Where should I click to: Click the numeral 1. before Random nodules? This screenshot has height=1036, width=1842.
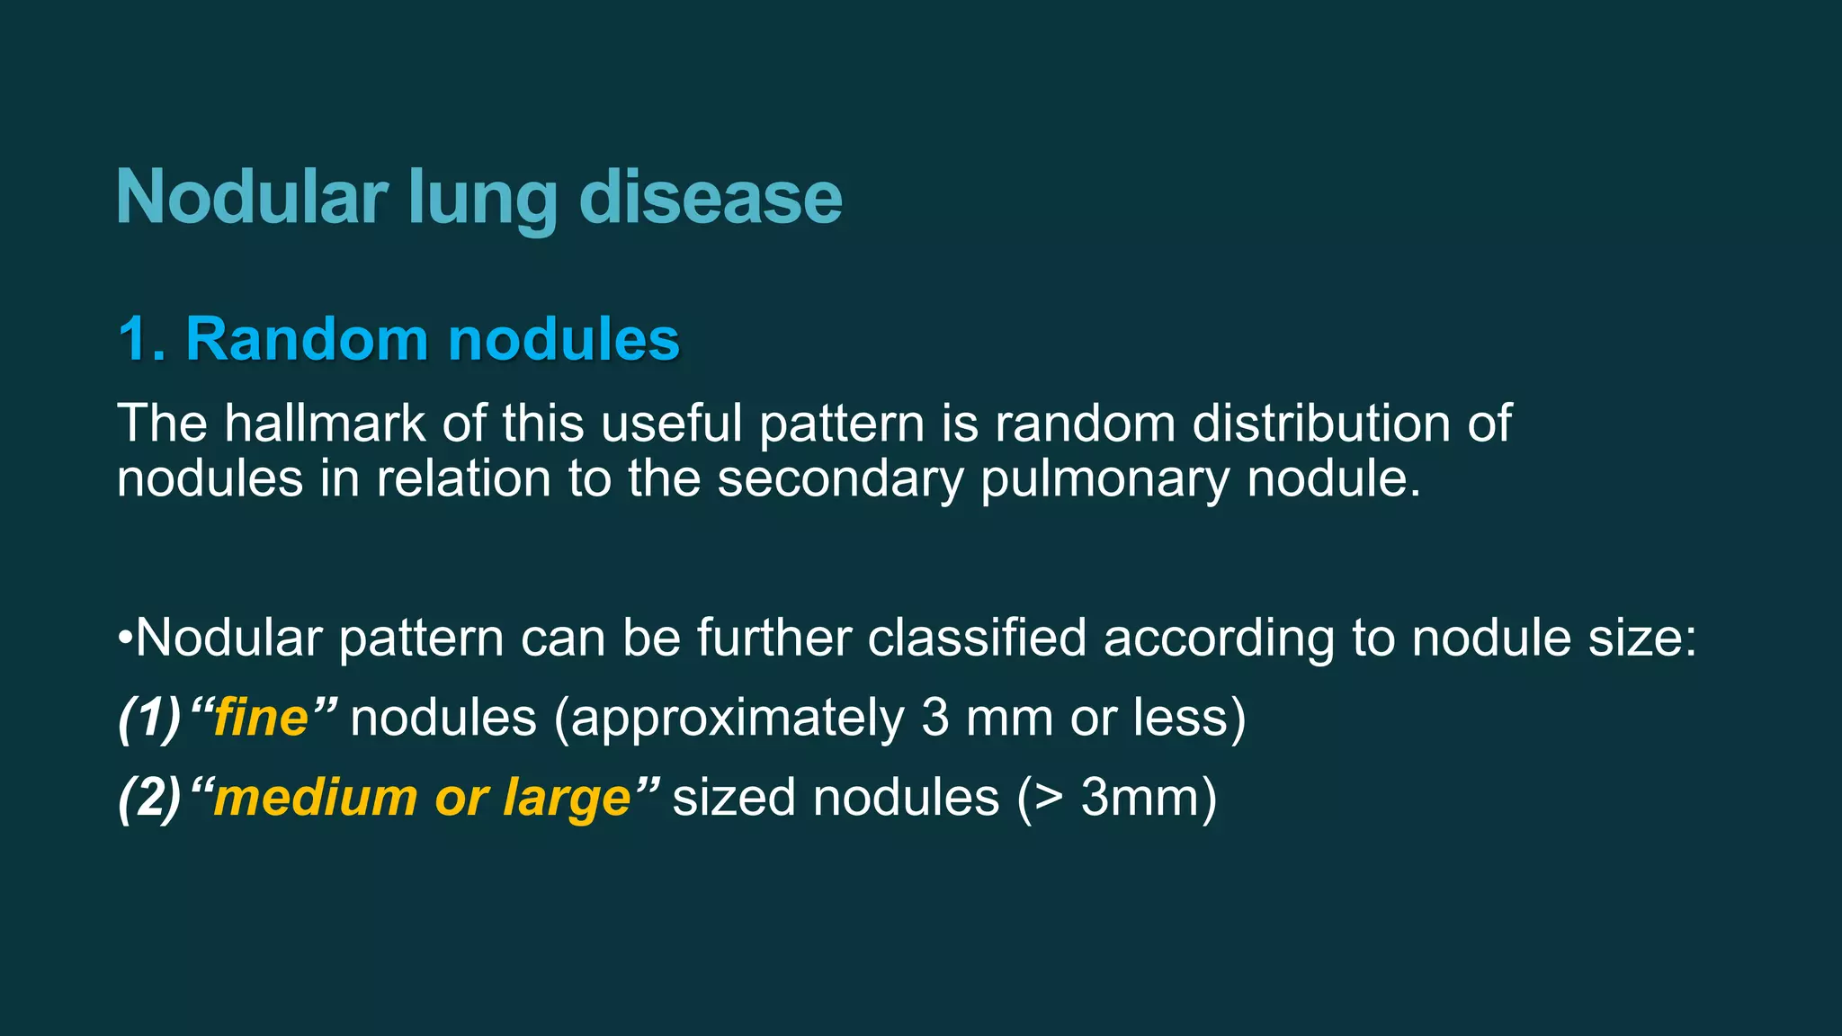pyautogui.click(x=142, y=339)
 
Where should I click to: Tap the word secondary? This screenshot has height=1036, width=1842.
pyautogui.click(x=840, y=478)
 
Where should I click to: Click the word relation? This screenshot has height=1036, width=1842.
pyautogui.click(x=463, y=478)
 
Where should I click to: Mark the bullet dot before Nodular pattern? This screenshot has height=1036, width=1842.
pyautogui.click(x=125, y=639)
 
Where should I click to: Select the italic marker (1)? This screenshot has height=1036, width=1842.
pyautogui.click(x=149, y=718)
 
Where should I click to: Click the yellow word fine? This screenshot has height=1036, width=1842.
pyautogui.click(x=261, y=718)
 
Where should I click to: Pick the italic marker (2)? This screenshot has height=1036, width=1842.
pyautogui.click(x=149, y=798)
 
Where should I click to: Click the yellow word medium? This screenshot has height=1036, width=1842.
pyautogui.click(x=316, y=798)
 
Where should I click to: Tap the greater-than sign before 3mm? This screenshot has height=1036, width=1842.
pyautogui.click(x=1049, y=798)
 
